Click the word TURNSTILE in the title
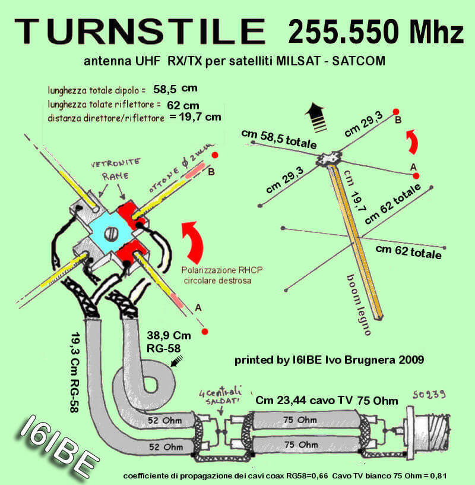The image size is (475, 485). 140,31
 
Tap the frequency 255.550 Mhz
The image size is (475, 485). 376,32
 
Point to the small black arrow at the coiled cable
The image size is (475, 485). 177,361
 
